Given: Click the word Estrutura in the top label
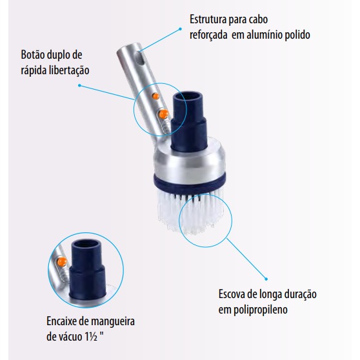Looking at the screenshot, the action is coord(207,19).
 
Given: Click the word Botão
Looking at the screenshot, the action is coord(33,55).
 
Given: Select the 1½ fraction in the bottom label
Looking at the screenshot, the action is coord(91,337).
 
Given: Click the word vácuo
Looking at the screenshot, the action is coord(70,337).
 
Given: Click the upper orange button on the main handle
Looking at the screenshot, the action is coord(155,96).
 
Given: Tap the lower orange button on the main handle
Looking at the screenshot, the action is coord(164,114).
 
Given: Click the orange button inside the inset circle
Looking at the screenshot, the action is coord(62,262).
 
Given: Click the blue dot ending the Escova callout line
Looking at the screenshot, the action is coord(266,279).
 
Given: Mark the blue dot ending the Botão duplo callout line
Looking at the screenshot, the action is coord(79,85).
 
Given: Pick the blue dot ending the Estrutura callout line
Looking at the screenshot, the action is coord(180,29).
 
